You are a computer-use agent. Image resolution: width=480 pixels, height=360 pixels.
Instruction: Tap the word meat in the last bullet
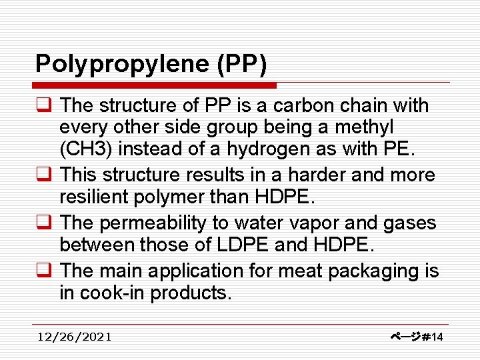287,271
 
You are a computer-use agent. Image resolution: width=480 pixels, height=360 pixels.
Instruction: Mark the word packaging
365,271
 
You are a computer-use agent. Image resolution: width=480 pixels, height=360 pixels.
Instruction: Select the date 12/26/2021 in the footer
75,337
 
